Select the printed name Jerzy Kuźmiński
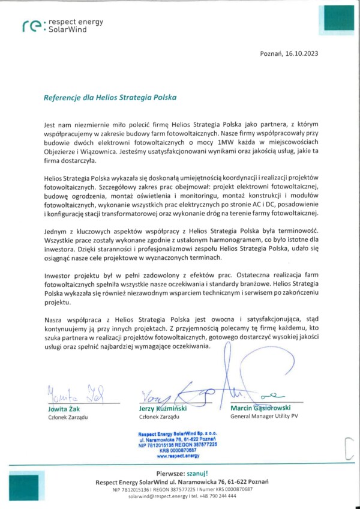click(164, 409)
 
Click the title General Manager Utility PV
click(265, 416)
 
